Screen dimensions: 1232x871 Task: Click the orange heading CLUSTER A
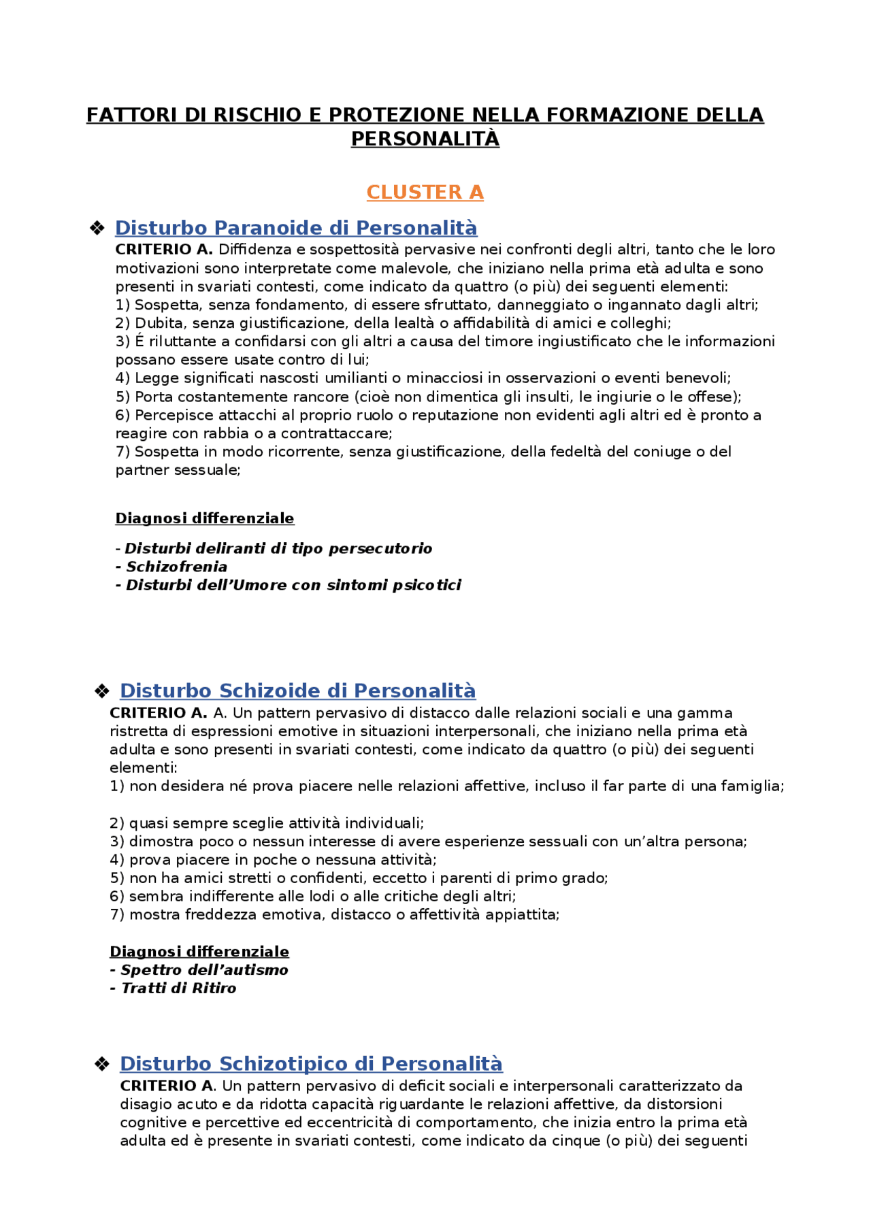pyautogui.click(x=425, y=193)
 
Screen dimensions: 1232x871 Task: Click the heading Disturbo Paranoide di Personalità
pyautogui.click(x=296, y=228)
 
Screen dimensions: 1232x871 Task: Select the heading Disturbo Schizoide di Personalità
pyautogui.click(x=297, y=690)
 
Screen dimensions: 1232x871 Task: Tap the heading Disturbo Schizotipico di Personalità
pyautogui.click(x=311, y=1063)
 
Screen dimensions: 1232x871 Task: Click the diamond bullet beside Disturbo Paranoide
pyautogui.click(x=97, y=228)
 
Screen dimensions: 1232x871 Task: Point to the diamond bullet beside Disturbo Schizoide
pyautogui.click(x=102, y=691)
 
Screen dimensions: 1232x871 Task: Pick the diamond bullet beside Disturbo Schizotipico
pyautogui.click(x=102, y=1064)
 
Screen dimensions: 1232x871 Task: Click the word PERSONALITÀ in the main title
pyautogui.click(x=425, y=139)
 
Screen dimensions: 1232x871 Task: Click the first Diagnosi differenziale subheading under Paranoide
pyautogui.click(x=205, y=518)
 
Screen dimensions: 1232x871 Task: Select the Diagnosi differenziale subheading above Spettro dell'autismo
pyautogui.click(x=199, y=951)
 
